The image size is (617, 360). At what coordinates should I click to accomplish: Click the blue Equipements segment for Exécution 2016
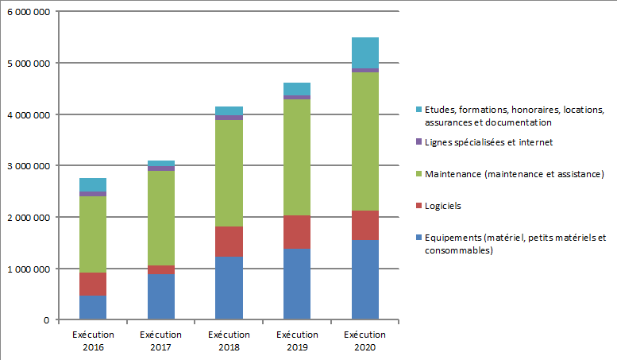[93, 307]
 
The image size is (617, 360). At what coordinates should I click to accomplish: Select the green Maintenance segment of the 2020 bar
[364, 141]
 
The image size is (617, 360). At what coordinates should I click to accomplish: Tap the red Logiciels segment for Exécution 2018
[229, 242]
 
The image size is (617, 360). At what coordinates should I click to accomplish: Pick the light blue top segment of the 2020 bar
[364, 52]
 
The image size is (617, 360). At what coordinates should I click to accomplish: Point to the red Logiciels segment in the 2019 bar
[296, 232]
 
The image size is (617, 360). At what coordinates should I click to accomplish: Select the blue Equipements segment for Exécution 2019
[296, 285]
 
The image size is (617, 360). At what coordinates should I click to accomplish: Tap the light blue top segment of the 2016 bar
[93, 184]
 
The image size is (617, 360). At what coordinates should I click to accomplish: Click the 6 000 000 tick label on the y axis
[28, 12]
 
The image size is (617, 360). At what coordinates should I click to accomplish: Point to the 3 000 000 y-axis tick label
[28, 166]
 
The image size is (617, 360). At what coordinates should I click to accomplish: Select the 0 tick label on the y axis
[47, 320]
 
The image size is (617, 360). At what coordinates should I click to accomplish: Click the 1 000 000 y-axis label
[28, 269]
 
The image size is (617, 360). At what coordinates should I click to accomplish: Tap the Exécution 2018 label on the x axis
[229, 340]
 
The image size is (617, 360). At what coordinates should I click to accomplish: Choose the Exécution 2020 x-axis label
[364, 340]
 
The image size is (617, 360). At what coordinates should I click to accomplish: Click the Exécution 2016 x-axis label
[93, 340]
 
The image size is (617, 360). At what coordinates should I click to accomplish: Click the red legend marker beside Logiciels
[418, 206]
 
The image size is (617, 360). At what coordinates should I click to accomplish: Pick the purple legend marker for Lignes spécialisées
[418, 142]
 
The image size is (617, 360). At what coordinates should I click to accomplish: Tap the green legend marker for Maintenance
[418, 174]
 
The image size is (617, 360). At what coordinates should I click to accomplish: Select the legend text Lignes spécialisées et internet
[488, 142]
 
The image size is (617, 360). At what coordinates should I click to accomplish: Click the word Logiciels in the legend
[443, 206]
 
